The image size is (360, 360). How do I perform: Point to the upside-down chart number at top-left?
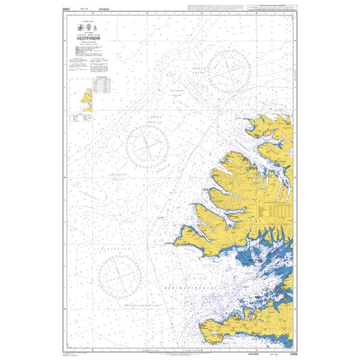pyautogui.click(x=67, y=9)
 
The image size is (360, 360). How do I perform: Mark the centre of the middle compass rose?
pyautogui.click(x=146, y=146)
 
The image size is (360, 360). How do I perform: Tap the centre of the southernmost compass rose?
pyautogui.click(x=120, y=277)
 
